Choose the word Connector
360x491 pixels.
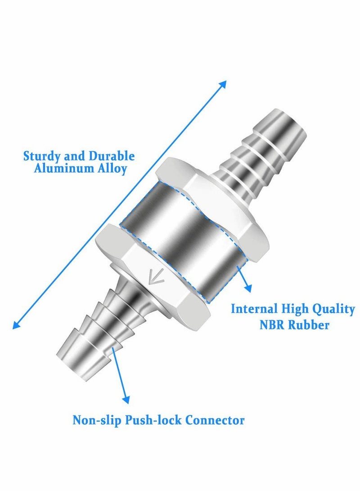[216, 421]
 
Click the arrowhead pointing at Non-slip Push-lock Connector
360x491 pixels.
[126, 399]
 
